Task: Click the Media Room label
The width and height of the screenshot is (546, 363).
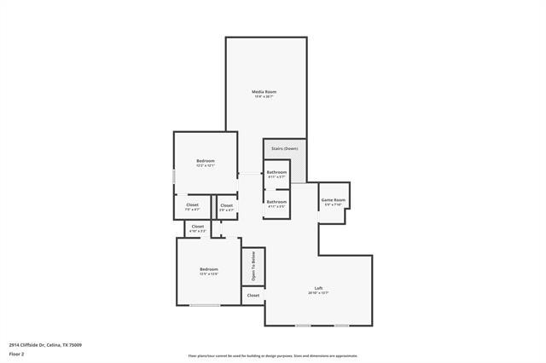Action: (x=264, y=91)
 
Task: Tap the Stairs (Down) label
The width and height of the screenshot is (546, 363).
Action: (x=284, y=149)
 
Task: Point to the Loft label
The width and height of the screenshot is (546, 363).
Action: (x=318, y=288)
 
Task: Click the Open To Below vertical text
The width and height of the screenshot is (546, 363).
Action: (x=253, y=267)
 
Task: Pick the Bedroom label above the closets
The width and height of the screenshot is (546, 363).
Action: (x=205, y=161)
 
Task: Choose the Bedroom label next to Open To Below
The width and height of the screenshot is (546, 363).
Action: (x=208, y=269)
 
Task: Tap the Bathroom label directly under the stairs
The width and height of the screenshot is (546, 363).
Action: (x=276, y=172)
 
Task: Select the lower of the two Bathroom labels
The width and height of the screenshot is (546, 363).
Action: (x=276, y=202)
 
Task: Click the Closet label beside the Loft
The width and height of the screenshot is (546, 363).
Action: (x=253, y=295)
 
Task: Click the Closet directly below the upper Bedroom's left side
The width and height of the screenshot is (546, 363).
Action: (x=192, y=205)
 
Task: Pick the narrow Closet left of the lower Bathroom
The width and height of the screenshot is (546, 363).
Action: (x=226, y=205)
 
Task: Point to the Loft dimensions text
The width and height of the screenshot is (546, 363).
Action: (x=318, y=293)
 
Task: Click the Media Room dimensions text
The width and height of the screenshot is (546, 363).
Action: (x=264, y=96)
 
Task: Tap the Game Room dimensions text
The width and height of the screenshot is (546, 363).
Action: (x=333, y=205)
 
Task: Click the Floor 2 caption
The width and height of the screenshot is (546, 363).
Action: (x=16, y=353)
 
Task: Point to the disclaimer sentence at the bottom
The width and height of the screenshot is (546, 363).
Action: (x=272, y=356)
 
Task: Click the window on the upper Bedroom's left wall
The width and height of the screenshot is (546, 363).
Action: (x=174, y=176)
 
